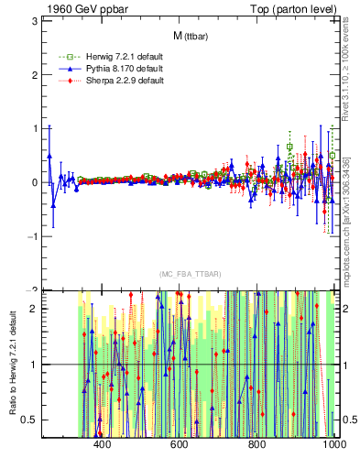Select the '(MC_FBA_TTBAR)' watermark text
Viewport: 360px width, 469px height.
[x=191, y=275]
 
